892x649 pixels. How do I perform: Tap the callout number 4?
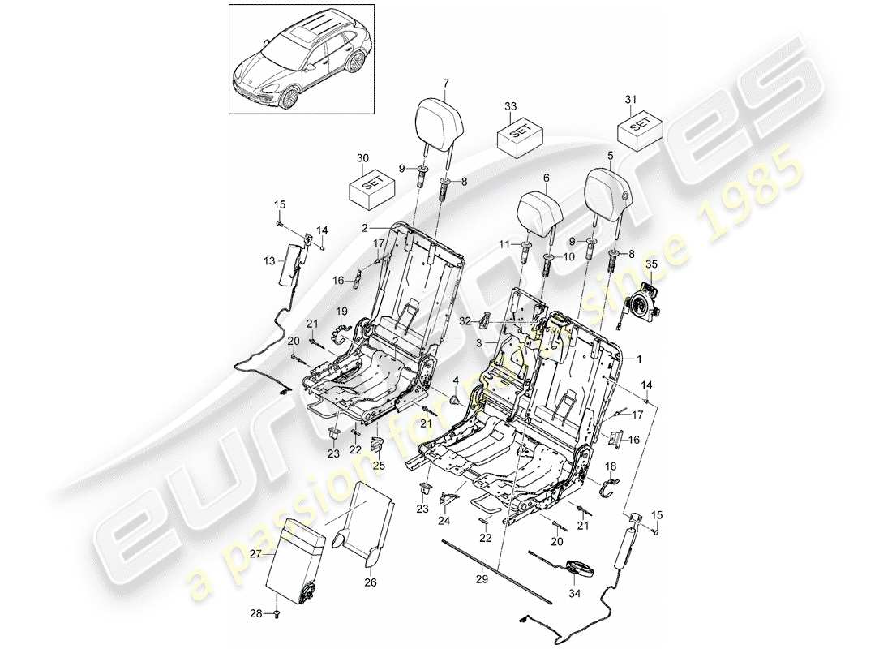455,380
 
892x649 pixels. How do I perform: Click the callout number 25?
376,466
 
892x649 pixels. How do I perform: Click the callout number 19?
341,310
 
